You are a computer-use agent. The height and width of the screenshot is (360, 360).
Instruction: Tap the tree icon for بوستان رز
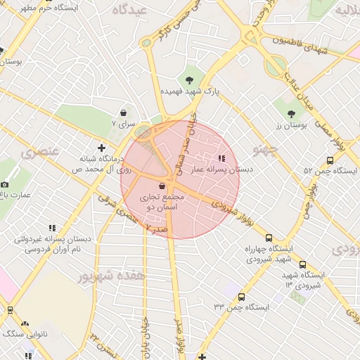pyautogui.click(x=291, y=112)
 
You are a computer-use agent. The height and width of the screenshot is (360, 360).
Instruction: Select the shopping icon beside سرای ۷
pyautogui.click(x=124, y=112)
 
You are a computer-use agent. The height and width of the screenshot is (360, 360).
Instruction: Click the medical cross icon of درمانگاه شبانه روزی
pyautogui.click(x=103, y=148)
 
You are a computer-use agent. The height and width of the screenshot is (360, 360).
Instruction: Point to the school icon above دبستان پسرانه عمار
pyautogui.click(x=222, y=159)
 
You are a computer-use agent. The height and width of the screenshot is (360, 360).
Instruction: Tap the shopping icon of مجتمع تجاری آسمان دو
pyautogui.click(x=163, y=186)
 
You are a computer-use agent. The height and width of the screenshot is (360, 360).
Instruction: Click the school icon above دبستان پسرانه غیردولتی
pyautogui.click(x=52, y=228)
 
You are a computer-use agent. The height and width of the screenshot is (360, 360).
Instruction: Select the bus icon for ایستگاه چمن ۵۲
pyautogui.click(x=330, y=160)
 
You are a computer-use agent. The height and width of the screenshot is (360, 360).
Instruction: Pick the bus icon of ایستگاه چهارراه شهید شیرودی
pyautogui.click(x=268, y=238)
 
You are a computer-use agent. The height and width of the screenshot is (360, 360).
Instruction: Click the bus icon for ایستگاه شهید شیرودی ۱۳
pyautogui.click(x=302, y=264)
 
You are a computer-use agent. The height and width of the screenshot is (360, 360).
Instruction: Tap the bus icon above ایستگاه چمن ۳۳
pyautogui.click(x=242, y=297)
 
